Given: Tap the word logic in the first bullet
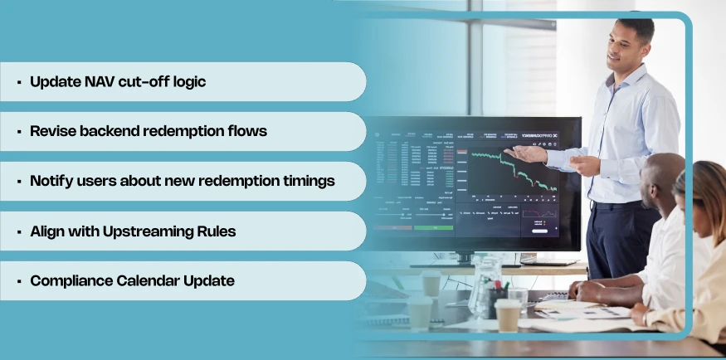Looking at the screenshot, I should pyautogui.click(x=186, y=82).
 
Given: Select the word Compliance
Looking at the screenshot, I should pyautogui.click(x=70, y=280).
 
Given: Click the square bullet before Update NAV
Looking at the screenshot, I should pyautogui.click(x=18, y=82).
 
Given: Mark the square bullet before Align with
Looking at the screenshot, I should pyautogui.click(x=18, y=231).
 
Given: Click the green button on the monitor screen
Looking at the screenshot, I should pyautogui.click(x=433, y=226).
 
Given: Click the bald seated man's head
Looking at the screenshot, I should pyautogui.click(x=665, y=175).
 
